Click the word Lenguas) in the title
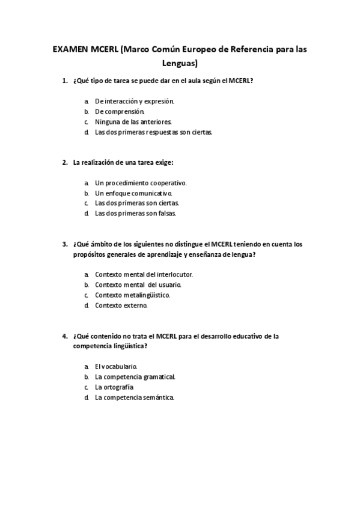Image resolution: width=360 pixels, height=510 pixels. (180, 62)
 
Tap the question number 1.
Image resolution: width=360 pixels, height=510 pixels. (65, 81)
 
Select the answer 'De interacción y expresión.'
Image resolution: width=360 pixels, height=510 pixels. (134, 102)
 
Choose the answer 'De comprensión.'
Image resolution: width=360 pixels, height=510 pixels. (120, 111)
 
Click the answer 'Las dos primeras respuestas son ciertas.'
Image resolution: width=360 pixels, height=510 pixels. (153, 132)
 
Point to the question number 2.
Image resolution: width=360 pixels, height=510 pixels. (65, 162)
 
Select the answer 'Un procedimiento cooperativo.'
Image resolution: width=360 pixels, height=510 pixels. (141, 183)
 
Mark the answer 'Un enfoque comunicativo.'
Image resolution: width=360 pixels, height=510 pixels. (133, 193)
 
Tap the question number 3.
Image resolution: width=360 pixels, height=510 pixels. (65, 244)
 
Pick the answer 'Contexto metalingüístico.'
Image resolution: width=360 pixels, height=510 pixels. (132, 295)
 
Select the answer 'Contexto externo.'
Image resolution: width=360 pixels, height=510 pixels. (121, 305)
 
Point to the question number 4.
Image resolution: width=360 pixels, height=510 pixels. (65, 336)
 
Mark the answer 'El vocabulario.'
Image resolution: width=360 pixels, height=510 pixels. (116, 366)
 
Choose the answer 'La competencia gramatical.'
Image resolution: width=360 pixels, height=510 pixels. (135, 376)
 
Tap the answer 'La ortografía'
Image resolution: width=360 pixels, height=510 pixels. (114, 387)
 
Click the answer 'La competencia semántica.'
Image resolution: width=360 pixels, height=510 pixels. (134, 397)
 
